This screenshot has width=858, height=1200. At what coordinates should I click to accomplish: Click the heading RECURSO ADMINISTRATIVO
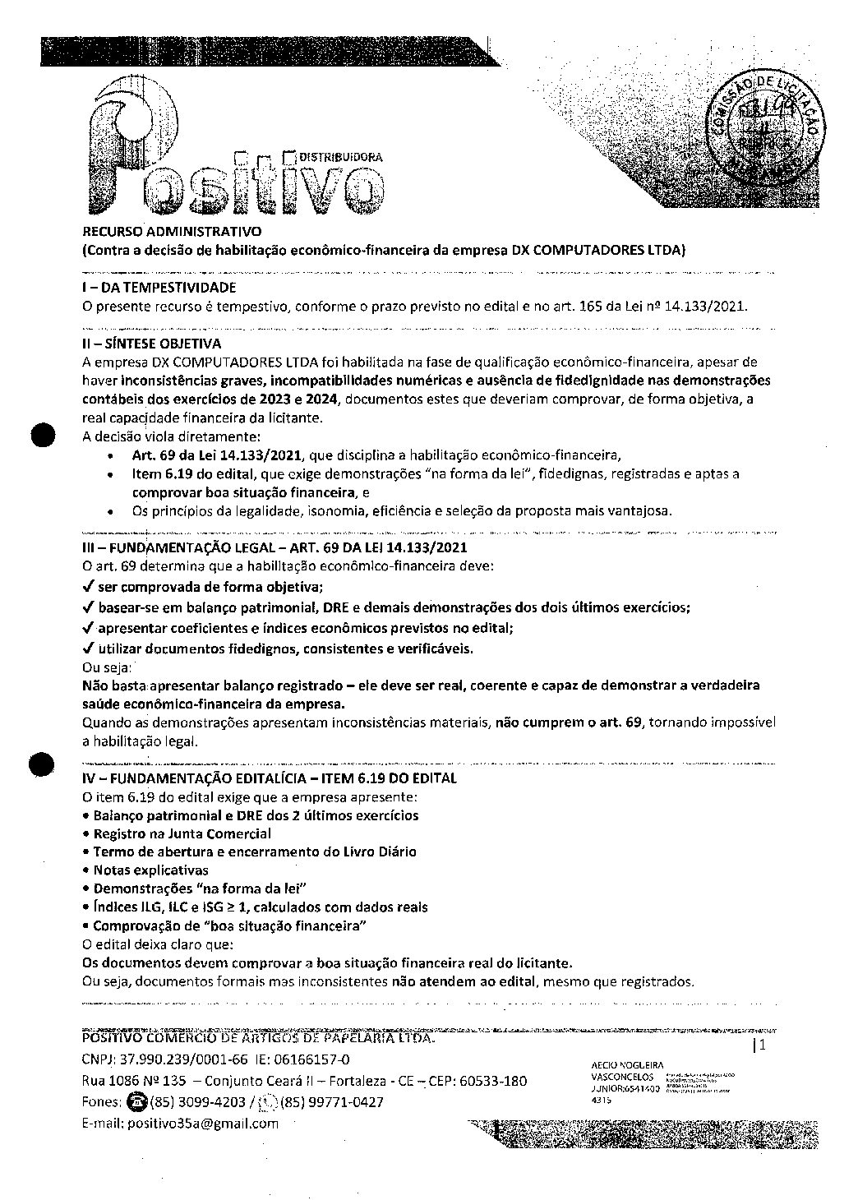click(172, 232)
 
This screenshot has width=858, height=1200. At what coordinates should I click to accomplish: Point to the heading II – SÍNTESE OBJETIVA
click(151, 344)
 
